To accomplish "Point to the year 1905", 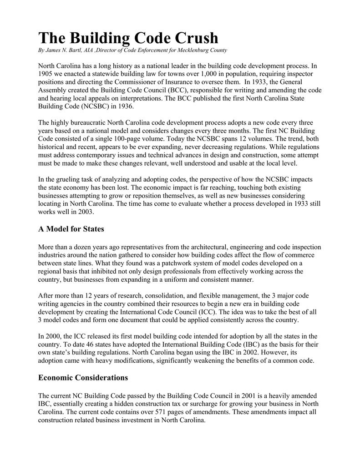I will pyautogui.click(x=46, y=74).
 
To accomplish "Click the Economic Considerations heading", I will pyautogui.click(x=83, y=378).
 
